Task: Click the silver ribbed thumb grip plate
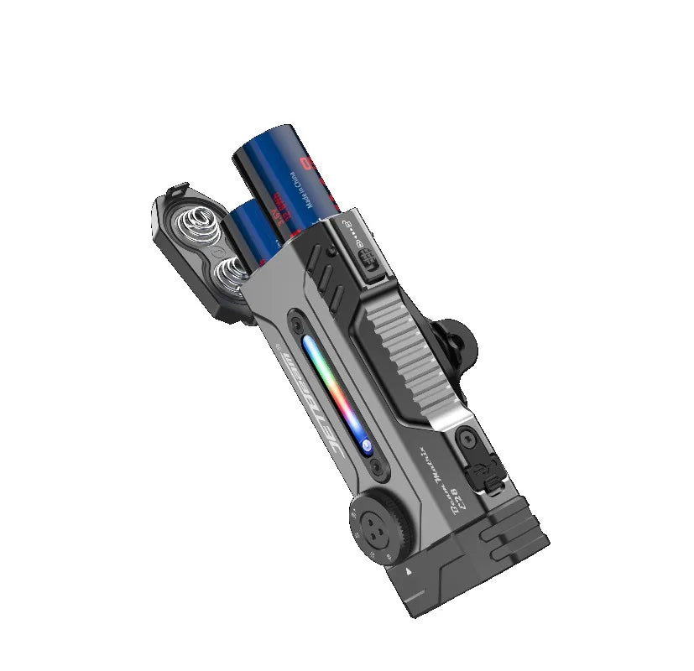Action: (412, 352)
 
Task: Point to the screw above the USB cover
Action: (463, 437)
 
